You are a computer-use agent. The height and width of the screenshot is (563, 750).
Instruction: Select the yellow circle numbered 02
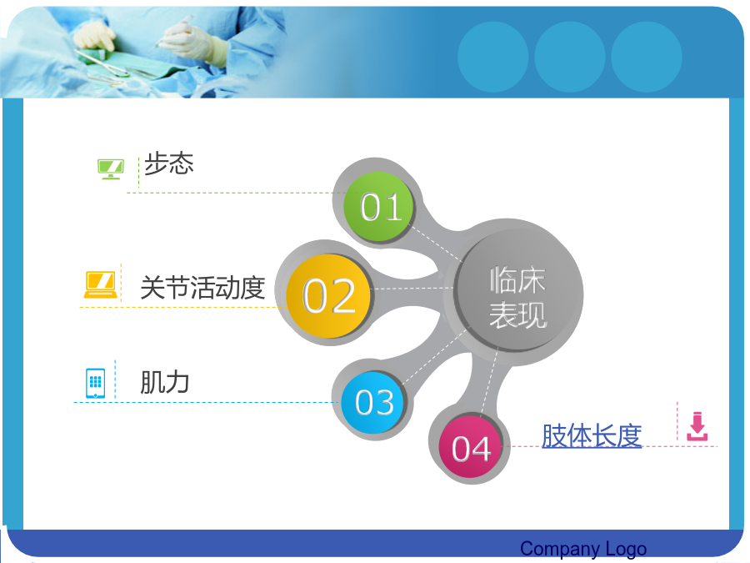pyautogui.click(x=328, y=296)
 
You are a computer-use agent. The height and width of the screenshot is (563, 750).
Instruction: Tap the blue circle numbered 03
pyautogui.click(x=372, y=402)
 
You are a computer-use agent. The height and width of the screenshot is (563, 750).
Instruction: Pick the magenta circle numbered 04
pyautogui.click(x=471, y=447)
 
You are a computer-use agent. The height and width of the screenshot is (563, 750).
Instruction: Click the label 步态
pyautogui.click(x=169, y=163)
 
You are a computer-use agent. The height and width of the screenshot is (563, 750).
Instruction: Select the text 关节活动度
pyautogui.click(x=202, y=287)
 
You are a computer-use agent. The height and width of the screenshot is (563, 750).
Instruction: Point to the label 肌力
pyautogui.click(x=164, y=383)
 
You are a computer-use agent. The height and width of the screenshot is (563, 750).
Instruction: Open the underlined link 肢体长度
pyautogui.click(x=592, y=435)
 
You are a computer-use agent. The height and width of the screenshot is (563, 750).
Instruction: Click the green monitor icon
pyautogui.click(x=111, y=169)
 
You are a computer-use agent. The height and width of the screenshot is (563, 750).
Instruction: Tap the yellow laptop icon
pyautogui.click(x=101, y=285)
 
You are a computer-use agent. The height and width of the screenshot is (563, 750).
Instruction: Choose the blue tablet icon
pyautogui.click(x=95, y=383)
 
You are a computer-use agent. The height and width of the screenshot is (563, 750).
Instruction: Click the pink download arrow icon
pyautogui.click(x=697, y=426)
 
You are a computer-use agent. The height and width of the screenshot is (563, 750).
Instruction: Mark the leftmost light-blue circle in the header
pyautogui.click(x=493, y=57)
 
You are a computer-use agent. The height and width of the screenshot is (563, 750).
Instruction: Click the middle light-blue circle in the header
pyautogui.click(x=570, y=57)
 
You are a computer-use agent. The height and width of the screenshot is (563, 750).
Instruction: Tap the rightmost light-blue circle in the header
pyautogui.click(x=647, y=57)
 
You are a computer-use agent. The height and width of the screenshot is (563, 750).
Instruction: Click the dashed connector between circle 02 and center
pyautogui.click(x=412, y=289)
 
